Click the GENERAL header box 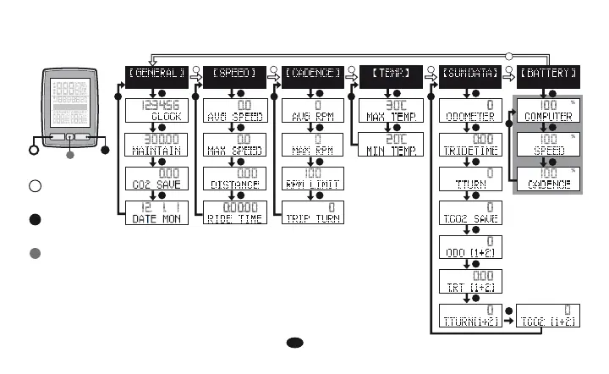[x=156, y=75]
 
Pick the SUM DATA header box [x=469, y=75]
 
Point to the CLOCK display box [x=156, y=112]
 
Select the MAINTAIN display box [x=156, y=146]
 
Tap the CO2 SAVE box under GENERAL [x=156, y=179]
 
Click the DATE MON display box [x=156, y=212]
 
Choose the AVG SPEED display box [x=233, y=112]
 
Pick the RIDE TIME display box [x=233, y=212]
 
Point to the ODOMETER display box [x=469, y=112]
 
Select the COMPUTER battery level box [x=549, y=112]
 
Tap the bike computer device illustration [x=70, y=107]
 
